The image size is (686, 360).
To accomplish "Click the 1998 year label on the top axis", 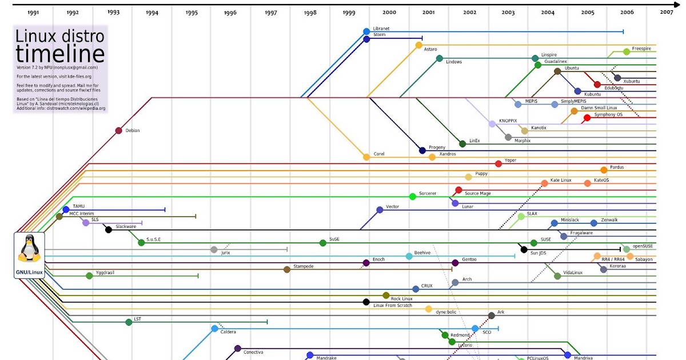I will point(310,12).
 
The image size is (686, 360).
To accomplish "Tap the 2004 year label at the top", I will point(548,12).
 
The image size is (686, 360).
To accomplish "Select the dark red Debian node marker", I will point(118,131).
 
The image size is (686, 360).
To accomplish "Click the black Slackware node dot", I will point(108,230).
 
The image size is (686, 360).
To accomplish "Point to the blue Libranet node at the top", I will point(366,31).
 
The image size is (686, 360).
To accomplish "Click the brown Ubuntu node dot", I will point(557,71).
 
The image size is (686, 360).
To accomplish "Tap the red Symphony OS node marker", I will point(587,118).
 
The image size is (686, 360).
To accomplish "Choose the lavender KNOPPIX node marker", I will point(492,123).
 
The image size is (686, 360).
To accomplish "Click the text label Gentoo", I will point(469,259).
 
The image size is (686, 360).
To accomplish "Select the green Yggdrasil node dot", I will point(89,276).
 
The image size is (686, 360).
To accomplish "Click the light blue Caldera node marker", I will point(214,329).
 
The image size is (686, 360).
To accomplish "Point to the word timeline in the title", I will point(60,54).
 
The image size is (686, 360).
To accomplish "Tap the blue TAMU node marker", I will point(66,210).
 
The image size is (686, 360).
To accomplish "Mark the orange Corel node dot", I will point(366,157).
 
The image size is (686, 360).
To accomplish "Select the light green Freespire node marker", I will point(627,51).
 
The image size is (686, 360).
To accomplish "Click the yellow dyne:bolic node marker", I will point(429,309).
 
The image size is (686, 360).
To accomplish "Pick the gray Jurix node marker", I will point(214,250).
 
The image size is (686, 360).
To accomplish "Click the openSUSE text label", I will point(643,246).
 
